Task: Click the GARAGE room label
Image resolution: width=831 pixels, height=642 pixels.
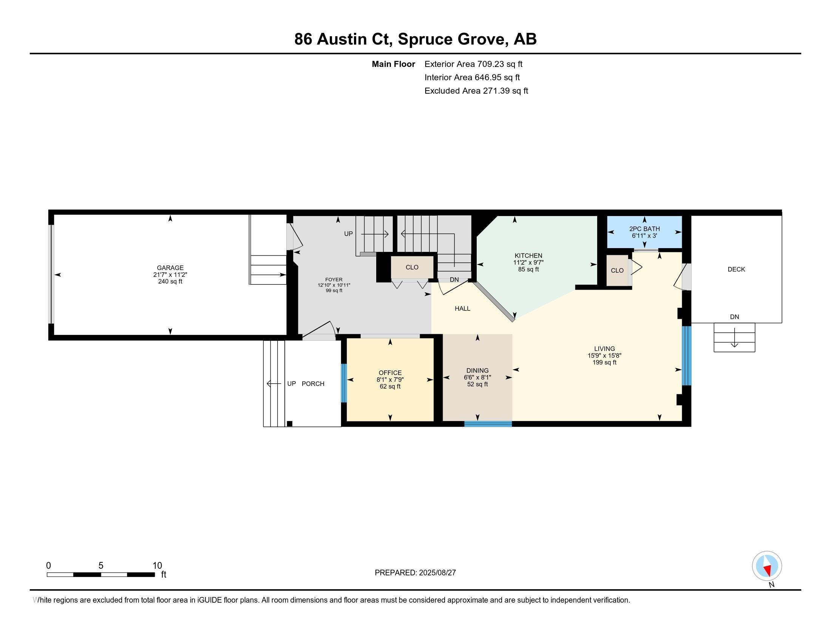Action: click(x=170, y=268)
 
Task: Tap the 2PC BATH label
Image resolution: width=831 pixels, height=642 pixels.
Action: click(x=644, y=229)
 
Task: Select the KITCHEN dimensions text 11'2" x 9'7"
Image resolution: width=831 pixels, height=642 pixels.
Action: click(x=528, y=262)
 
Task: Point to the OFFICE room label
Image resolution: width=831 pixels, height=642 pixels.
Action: click(x=390, y=373)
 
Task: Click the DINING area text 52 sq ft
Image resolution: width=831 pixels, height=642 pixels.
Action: click(x=477, y=384)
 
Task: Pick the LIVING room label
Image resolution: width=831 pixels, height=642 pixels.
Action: click(x=604, y=349)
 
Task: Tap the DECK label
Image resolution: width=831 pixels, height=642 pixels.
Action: click(x=736, y=269)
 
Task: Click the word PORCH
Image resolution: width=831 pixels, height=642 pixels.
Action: click(x=313, y=384)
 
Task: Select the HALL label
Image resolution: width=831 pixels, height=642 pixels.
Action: click(x=462, y=309)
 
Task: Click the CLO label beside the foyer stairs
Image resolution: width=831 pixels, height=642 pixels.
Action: click(x=412, y=267)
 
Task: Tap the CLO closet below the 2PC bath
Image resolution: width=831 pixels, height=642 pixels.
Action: click(x=617, y=270)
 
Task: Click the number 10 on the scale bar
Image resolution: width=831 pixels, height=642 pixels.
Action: click(x=157, y=566)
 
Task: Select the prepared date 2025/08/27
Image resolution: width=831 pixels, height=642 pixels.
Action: click(x=437, y=573)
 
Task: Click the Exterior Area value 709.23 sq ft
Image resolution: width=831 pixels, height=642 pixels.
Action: click(x=500, y=64)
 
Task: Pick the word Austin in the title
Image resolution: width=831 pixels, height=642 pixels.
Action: click(x=341, y=39)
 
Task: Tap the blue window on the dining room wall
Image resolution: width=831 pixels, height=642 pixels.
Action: click(x=488, y=424)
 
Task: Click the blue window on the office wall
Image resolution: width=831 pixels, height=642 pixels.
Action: click(x=344, y=383)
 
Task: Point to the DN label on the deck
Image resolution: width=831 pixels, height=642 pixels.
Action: click(x=734, y=317)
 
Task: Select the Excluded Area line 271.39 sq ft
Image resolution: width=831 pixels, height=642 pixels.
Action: click(x=476, y=91)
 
